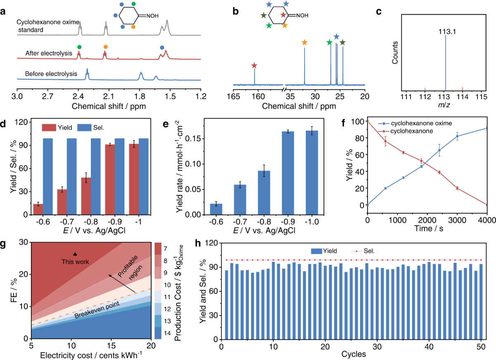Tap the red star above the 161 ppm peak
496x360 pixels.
coord(254,66)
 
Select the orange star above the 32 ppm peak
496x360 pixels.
coord(305,42)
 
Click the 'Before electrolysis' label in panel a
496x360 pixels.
coord(51,74)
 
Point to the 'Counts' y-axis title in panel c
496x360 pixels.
coord(395,52)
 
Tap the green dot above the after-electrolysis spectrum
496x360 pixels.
coord(79,47)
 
